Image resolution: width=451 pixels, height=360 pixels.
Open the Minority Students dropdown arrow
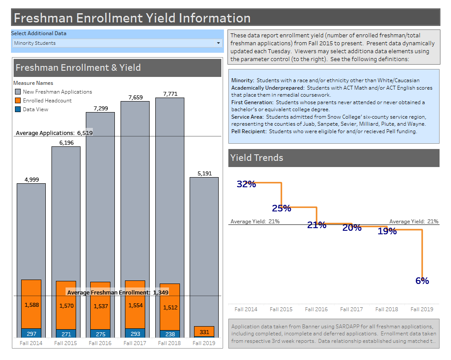tap(218, 43)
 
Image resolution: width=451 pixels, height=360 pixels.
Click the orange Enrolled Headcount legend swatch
tap(18, 101)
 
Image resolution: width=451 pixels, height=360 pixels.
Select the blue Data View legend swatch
tap(18, 109)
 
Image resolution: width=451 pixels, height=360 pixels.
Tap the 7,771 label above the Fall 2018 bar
tap(170, 94)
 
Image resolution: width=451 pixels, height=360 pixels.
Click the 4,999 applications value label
tap(31, 179)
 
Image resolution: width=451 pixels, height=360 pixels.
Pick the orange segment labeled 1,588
tap(31, 305)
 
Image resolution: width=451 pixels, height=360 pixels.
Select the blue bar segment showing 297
tap(31, 334)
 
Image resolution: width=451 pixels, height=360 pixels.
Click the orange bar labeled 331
tap(204, 331)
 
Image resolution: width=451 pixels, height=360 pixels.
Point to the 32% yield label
tap(246, 184)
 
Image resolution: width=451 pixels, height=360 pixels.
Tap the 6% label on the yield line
tap(422, 281)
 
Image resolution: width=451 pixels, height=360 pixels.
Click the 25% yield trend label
tap(281, 208)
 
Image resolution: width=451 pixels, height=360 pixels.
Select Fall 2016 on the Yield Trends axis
tap(316, 309)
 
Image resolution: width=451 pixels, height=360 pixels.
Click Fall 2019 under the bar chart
tap(204, 343)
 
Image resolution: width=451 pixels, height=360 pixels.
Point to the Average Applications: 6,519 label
tap(54, 133)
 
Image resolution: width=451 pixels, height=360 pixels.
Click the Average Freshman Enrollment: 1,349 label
tap(117, 292)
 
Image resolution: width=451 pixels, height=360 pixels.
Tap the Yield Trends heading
tap(257, 158)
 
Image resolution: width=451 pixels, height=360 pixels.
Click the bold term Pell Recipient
tap(249, 131)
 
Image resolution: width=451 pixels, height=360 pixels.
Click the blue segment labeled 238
tap(170, 334)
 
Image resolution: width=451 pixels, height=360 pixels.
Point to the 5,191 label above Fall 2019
tap(204, 174)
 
